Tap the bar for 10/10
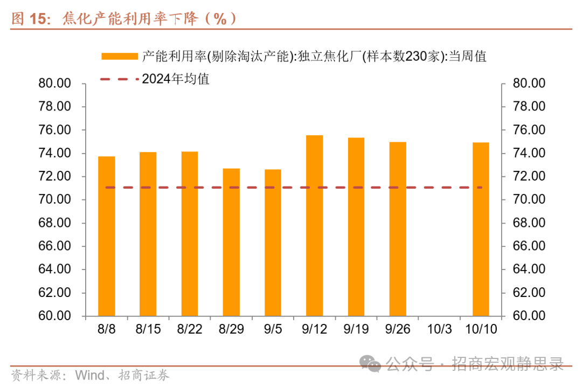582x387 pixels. (481, 229)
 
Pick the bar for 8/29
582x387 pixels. (231, 242)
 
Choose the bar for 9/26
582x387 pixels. (398, 229)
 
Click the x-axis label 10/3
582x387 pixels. (439, 329)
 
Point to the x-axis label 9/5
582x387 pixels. (273, 329)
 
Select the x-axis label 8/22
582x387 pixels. (189, 329)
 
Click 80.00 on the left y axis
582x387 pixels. (55, 84)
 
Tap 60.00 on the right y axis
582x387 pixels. (529, 316)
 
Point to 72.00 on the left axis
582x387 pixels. (55, 177)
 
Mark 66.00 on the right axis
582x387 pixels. (529, 246)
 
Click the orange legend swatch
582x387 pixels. (119, 56)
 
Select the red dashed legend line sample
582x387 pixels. (119, 79)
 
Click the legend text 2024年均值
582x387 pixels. (176, 79)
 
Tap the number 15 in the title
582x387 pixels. (39, 18)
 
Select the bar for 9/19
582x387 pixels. (356, 226)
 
